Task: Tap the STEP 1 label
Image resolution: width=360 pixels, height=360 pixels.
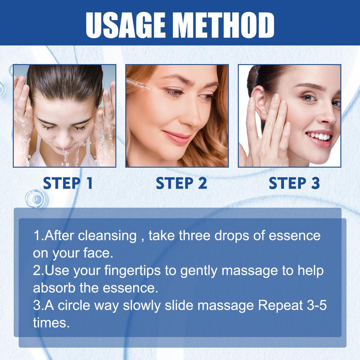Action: (x=68, y=184)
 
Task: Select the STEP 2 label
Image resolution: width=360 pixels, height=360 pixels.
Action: (x=181, y=184)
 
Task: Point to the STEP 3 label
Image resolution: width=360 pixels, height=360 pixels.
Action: (x=294, y=184)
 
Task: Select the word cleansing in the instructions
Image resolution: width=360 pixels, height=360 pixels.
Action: (x=107, y=236)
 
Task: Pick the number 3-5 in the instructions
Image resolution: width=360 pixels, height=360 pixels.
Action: (x=317, y=305)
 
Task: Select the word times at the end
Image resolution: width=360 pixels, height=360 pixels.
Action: (x=51, y=323)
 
